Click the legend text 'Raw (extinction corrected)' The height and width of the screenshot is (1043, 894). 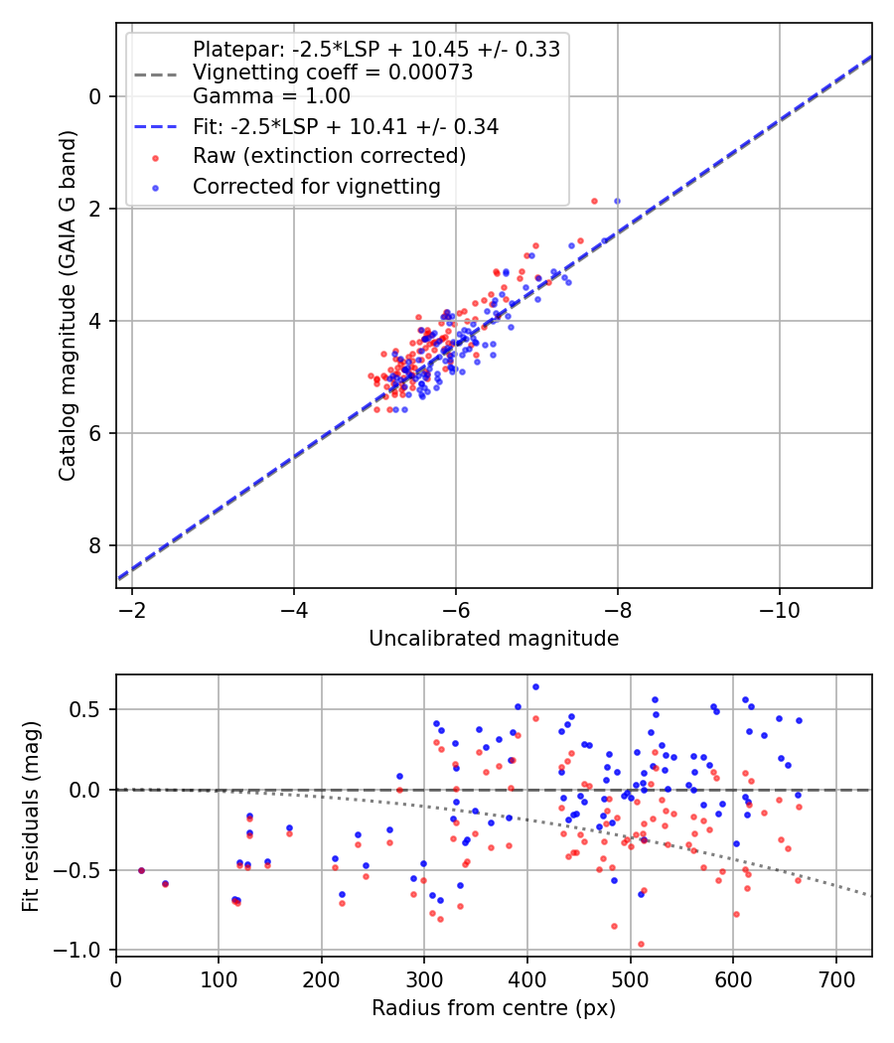[x=329, y=156]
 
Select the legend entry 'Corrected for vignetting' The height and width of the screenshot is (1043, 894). [x=317, y=186]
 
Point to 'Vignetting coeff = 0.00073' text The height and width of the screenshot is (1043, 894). [x=333, y=73]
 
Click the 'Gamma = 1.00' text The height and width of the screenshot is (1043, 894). [x=271, y=96]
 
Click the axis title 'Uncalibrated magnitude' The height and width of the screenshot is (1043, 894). [x=494, y=639]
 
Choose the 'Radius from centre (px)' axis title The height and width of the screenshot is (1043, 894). [x=494, y=1008]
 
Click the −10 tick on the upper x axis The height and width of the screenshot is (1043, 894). [x=779, y=605]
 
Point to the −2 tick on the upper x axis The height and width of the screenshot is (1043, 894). [x=132, y=605]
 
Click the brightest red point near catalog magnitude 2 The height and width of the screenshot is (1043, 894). [x=594, y=201]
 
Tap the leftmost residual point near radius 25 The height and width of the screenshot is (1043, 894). [x=141, y=870]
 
